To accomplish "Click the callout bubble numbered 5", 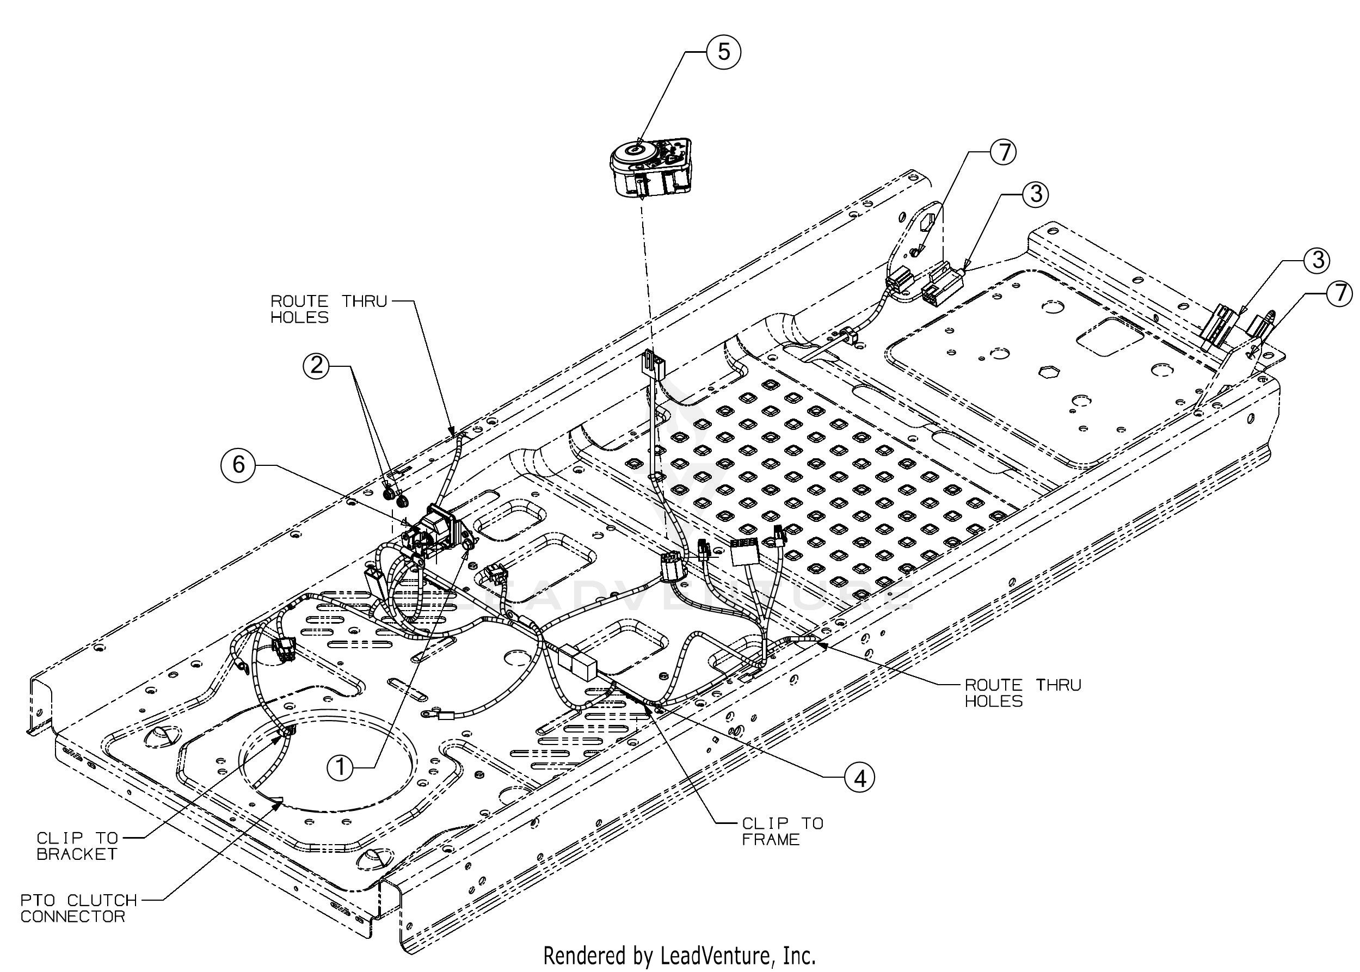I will tap(723, 52).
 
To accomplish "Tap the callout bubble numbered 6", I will tap(239, 463).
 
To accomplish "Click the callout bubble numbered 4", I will tap(859, 778).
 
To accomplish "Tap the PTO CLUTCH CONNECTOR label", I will tap(78, 908).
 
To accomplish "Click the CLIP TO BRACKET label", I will tap(77, 846).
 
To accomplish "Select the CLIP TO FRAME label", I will tap(782, 832).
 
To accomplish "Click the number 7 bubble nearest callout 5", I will tap(1003, 152).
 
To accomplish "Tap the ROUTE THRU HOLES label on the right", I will tap(1023, 692).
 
